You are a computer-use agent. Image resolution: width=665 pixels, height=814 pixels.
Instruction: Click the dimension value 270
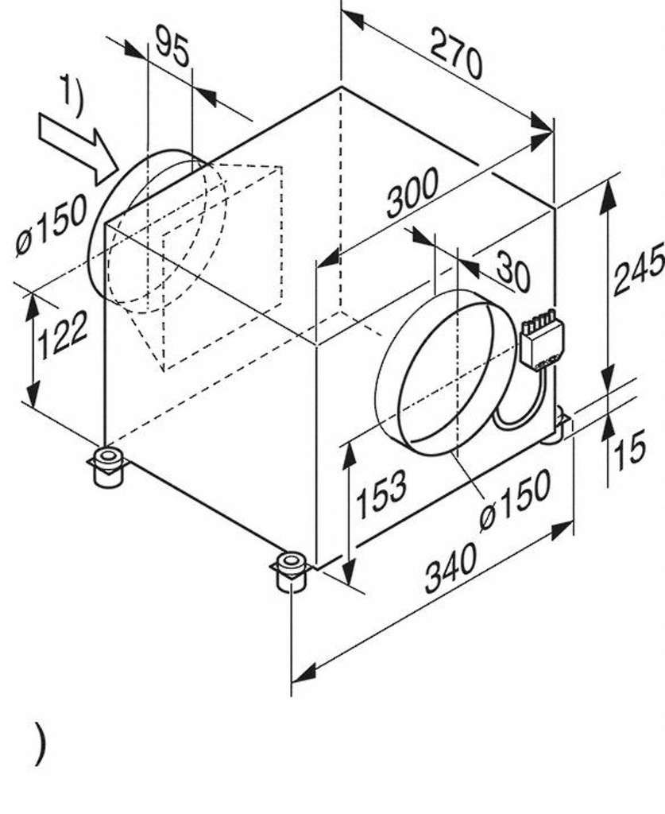pos(456,53)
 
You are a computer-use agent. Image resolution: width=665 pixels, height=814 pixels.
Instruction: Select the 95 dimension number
pos(172,47)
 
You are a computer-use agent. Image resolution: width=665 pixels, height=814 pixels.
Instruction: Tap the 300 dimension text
pos(412,192)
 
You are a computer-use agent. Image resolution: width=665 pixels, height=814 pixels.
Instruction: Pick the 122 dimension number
pos(63,335)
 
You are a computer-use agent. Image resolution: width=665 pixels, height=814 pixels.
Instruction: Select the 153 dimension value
pos(381,494)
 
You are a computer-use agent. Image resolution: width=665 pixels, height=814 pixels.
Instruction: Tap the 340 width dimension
pos(450,568)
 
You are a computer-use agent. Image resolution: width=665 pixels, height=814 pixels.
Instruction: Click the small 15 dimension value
pos(629,450)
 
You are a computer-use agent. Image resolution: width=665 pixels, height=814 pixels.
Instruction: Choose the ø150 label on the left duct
pos(51,226)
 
